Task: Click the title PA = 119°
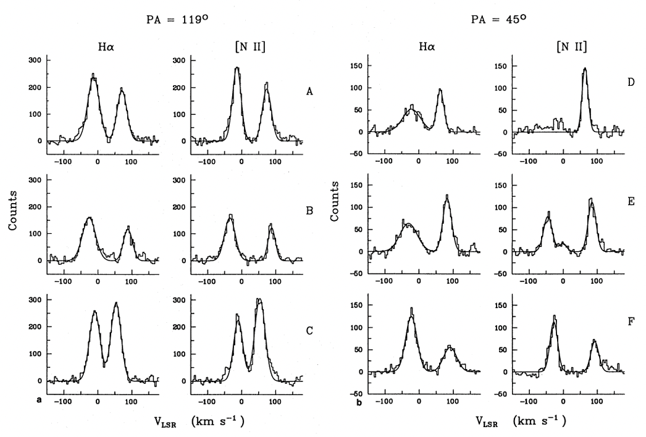[178, 19]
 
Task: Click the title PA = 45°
[499, 19]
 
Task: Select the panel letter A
[309, 91]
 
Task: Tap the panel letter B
[309, 210]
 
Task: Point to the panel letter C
[309, 330]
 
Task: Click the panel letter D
[631, 82]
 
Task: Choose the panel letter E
[631, 201]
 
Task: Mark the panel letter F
[631, 321]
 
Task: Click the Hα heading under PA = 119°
[106, 47]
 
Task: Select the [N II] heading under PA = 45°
[571, 46]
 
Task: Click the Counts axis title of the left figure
[13, 210]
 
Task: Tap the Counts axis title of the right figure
[334, 201]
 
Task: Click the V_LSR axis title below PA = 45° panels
[521, 422]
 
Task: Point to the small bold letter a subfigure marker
[39, 399]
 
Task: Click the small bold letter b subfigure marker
[359, 402]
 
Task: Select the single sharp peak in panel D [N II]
[585, 69]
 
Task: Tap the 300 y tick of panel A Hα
[35, 60]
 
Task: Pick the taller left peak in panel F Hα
[411, 309]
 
